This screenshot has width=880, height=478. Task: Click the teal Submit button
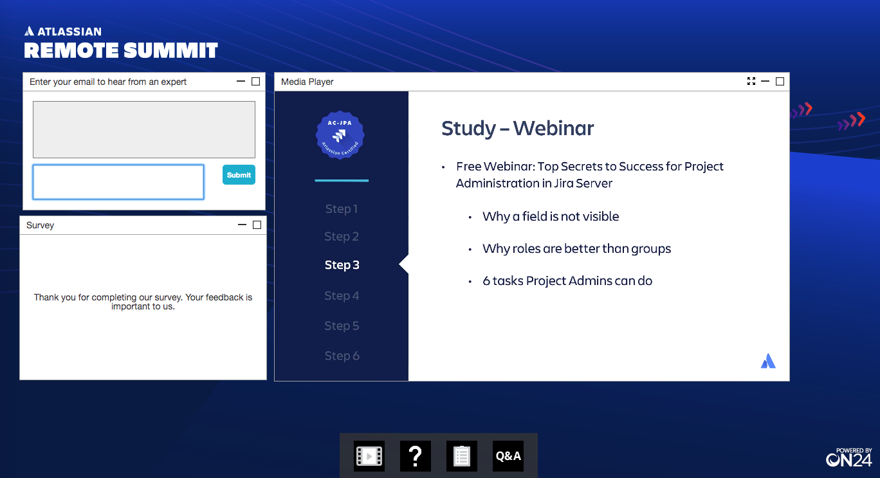[x=239, y=175]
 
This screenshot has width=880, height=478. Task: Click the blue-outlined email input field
[x=118, y=182]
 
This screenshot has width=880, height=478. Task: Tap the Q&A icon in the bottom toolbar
[x=508, y=456]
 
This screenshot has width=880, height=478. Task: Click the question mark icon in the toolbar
[x=416, y=456]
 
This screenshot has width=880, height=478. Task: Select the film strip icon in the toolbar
[x=369, y=456]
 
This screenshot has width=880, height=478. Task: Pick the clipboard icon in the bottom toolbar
[x=462, y=456]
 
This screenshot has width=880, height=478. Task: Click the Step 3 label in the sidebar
[x=342, y=264]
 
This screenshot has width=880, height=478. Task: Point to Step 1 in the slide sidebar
[x=342, y=209]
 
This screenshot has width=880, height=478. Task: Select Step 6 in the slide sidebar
[x=342, y=356]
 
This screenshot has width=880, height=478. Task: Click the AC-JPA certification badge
[x=340, y=135]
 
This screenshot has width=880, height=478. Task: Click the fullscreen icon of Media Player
[x=751, y=81]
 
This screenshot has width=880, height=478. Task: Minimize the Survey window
[x=242, y=225]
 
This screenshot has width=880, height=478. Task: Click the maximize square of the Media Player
[x=780, y=81]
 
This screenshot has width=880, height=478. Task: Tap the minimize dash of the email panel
[x=241, y=81]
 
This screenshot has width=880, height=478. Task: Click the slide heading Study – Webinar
[x=517, y=129]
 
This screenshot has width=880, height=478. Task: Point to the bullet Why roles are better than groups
[x=576, y=248]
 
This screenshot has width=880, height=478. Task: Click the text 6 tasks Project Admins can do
[x=567, y=281]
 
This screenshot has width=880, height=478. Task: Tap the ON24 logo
[x=848, y=457]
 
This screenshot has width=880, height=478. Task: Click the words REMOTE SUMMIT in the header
[x=121, y=50]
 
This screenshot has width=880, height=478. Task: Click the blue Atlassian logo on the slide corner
[x=768, y=361]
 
